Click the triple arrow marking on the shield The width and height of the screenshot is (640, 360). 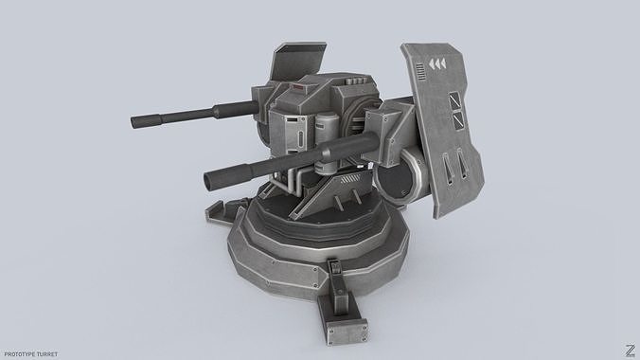[438, 63]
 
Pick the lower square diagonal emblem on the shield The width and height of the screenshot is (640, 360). [458, 119]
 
